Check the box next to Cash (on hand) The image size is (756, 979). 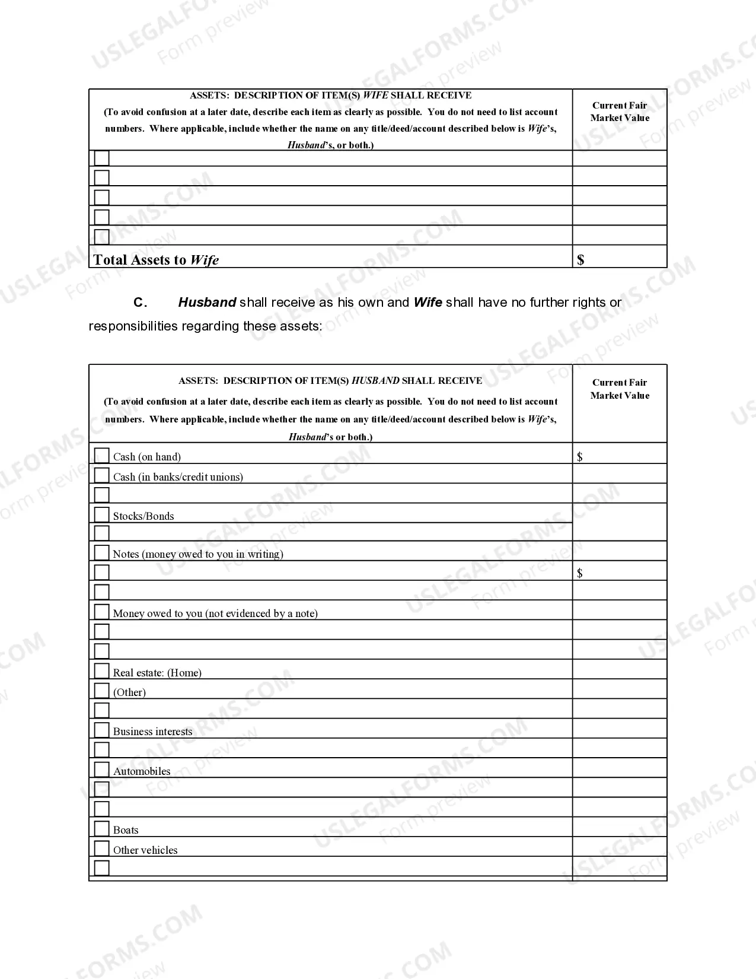click(102, 455)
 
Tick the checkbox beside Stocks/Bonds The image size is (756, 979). click(102, 514)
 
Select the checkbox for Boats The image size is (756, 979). click(102, 828)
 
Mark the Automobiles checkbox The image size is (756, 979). click(102, 770)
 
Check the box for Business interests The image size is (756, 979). click(102, 730)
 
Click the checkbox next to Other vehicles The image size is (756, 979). click(102, 848)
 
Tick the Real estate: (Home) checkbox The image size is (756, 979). click(102, 670)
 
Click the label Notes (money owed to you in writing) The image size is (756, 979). click(198, 554)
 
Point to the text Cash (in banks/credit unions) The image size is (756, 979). click(178, 477)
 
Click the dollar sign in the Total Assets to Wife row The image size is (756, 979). click(580, 259)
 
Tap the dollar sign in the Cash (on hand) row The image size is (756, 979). click(580, 456)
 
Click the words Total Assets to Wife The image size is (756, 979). click(156, 260)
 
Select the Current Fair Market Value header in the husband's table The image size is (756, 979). click(620, 389)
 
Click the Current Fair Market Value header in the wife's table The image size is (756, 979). click(620, 112)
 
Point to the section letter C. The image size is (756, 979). click(140, 303)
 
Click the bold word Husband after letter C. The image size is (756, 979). click(207, 303)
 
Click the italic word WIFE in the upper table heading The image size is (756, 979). click(375, 96)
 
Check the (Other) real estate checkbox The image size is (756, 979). click(102, 690)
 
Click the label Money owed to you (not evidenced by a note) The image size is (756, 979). click(215, 614)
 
